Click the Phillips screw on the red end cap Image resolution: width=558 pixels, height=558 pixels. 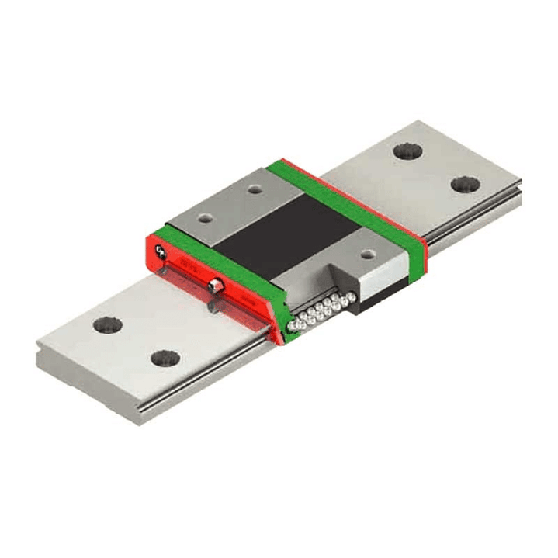(x=161, y=251)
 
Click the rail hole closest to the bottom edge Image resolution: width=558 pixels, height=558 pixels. (x=165, y=359)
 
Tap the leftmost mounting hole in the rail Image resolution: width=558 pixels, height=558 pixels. (x=108, y=324)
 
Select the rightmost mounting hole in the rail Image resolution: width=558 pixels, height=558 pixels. (x=465, y=185)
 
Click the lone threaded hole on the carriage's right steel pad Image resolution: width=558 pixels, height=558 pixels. (x=369, y=252)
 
